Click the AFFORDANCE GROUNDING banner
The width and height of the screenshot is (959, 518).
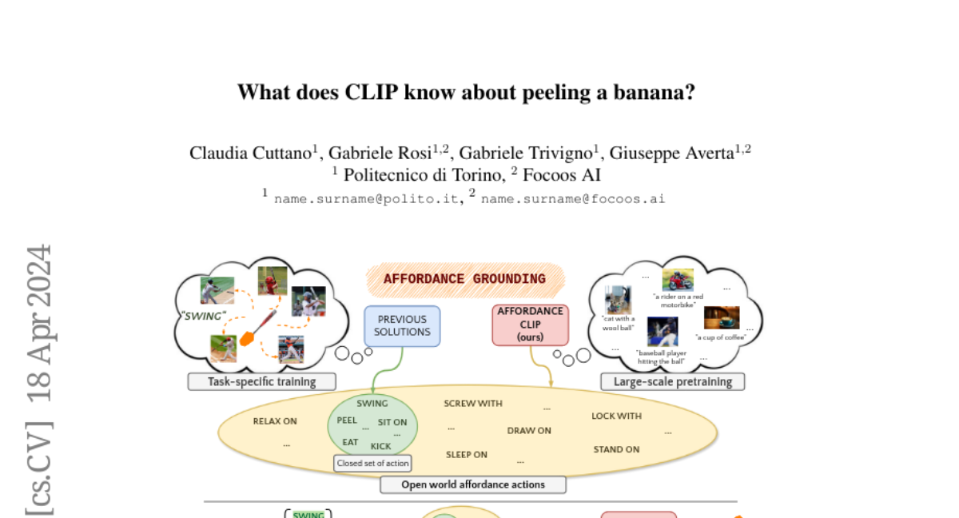(464, 279)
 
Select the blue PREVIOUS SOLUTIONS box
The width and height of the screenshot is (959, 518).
(402, 325)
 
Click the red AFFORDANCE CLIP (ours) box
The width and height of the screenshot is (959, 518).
(531, 325)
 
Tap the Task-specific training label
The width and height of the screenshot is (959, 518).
(261, 381)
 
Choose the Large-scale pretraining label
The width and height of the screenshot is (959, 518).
(672, 381)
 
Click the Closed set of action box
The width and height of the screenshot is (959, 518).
(372, 463)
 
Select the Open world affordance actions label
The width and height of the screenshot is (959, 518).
(473, 484)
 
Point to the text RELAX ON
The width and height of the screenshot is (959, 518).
(275, 421)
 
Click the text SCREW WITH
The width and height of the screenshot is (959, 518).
(473, 404)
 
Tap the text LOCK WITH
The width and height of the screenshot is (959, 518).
(616, 416)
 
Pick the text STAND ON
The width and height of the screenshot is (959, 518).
(616, 449)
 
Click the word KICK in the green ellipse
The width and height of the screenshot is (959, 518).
(381, 446)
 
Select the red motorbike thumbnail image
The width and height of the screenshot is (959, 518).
(678, 280)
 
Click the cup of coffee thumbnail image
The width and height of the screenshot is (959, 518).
(721, 318)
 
